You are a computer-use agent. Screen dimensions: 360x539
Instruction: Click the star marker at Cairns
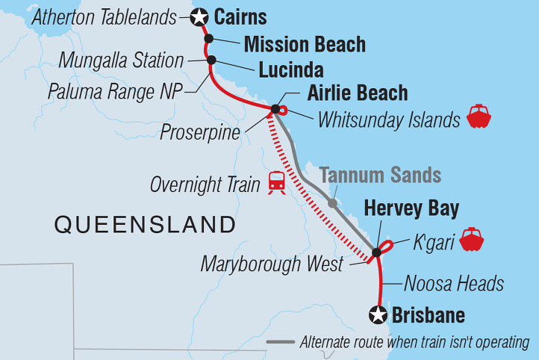pyautogui.click(x=199, y=16)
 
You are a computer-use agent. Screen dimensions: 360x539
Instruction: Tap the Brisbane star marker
pyautogui.click(x=378, y=315)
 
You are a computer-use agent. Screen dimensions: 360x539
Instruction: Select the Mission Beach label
pyautogui.click(x=305, y=44)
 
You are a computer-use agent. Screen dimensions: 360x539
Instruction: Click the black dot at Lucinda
pyautogui.click(x=211, y=60)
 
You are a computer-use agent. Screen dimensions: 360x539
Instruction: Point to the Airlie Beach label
pyautogui.click(x=358, y=93)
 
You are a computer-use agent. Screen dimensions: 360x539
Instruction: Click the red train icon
pyautogui.click(x=277, y=181)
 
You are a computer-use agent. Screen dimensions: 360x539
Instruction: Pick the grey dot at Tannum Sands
pyautogui.click(x=332, y=202)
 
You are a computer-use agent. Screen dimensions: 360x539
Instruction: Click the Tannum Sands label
pyautogui.click(x=381, y=176)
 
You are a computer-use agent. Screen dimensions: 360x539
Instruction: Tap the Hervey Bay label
pyautogui.click(x=411, y=208)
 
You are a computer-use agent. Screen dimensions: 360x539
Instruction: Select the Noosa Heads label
pyautogui.click(x=454, y=284)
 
